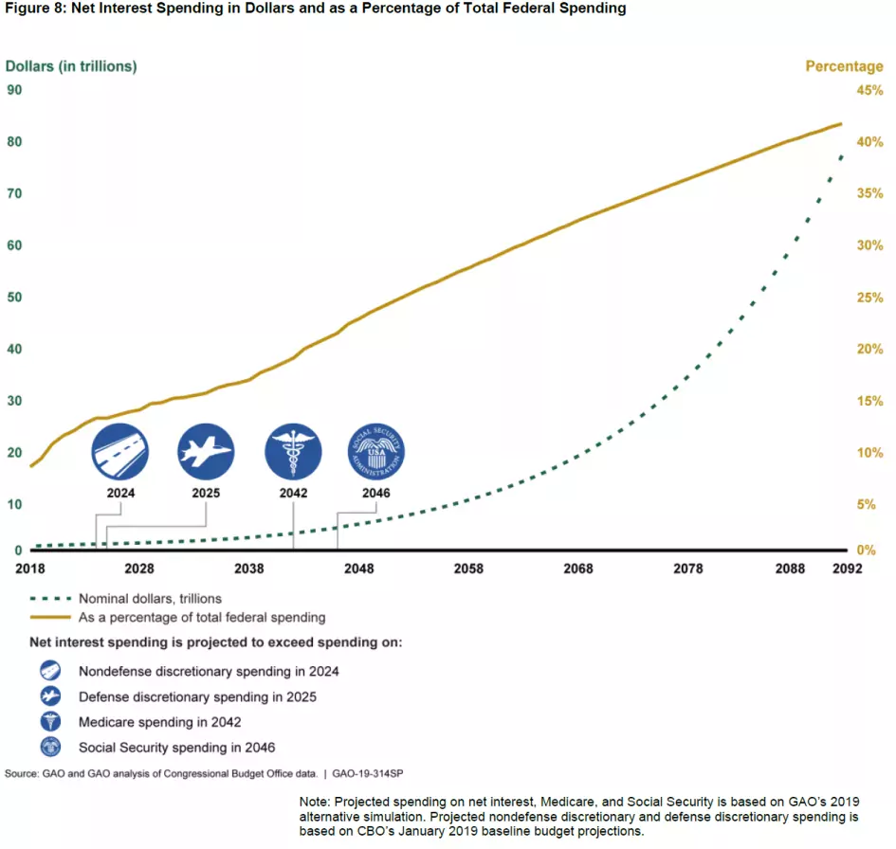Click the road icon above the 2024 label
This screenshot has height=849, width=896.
click(x=120, y=451)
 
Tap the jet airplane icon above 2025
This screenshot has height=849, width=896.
click(x=207, y=451)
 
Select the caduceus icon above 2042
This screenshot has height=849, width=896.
click(x=294, y=451)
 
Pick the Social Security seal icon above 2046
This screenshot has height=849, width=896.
click(x=375, y=451)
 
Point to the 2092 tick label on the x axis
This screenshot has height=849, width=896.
click(x=847, y=569)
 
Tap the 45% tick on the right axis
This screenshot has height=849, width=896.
click(x=869, y=91)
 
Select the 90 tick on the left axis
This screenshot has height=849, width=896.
click(x=15, y=91)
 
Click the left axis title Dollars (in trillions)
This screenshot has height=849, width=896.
click(x=71, y=66)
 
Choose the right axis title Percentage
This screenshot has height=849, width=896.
click(x=844, y=66)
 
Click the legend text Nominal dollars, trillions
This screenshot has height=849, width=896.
click(x=150, y=599)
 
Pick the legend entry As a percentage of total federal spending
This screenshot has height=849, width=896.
click(x=201, y=618)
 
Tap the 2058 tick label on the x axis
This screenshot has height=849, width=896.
click(x=468, y=569)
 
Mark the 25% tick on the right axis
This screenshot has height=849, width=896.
click(x=869, y=298)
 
